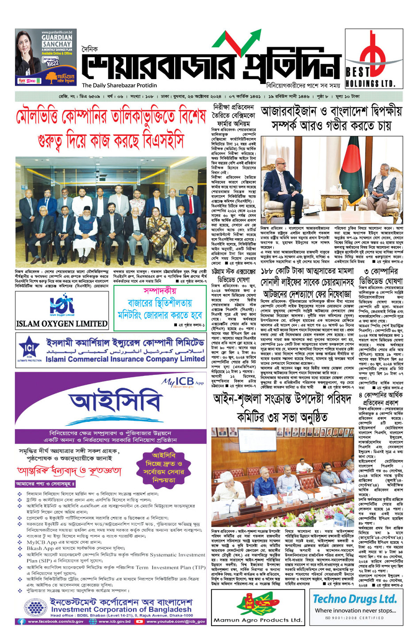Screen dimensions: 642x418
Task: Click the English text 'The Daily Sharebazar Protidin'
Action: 119,85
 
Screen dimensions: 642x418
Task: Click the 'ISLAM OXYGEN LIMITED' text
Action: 62,324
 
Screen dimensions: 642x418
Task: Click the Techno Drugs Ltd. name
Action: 355,599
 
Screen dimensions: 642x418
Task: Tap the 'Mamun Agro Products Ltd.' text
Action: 257,620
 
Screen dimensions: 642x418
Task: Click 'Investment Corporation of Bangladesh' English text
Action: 121,609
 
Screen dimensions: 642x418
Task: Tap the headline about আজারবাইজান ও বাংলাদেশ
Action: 331,118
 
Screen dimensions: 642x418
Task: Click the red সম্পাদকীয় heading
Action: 160,290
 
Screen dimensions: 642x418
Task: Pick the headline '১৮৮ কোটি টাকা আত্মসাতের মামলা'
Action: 307,271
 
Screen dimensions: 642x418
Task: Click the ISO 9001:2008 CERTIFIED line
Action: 354,618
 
